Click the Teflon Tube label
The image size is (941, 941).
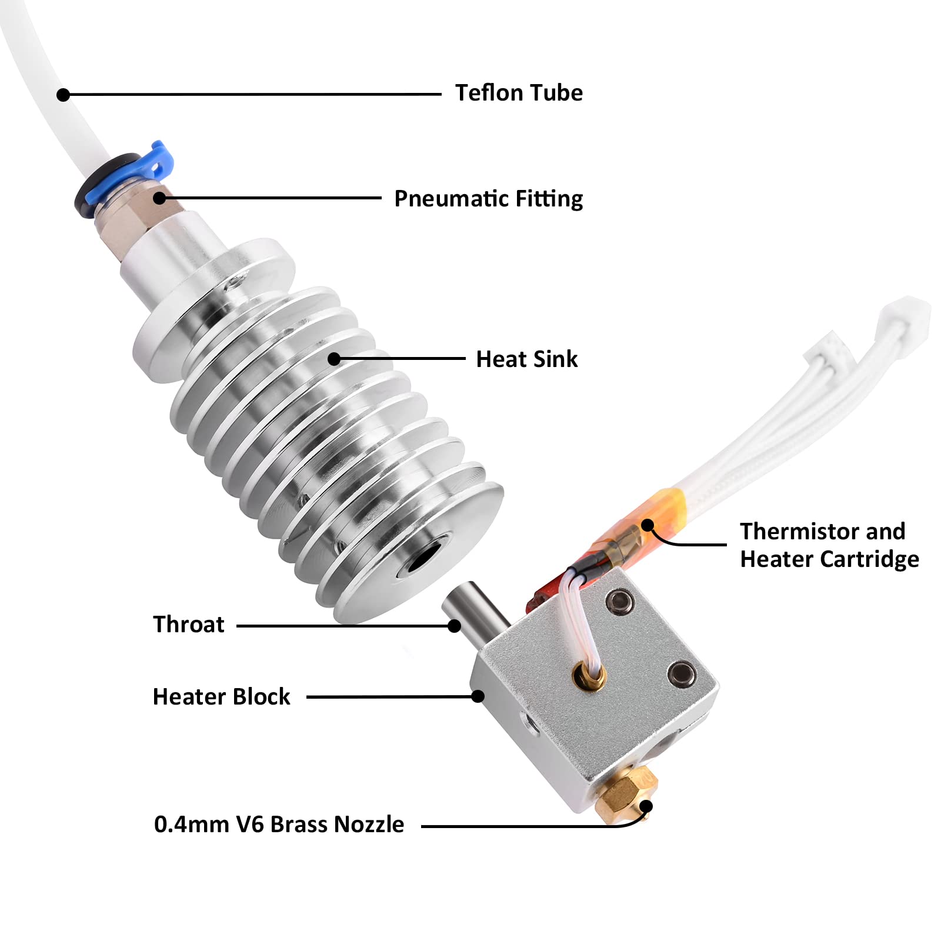click(x=519, y=93)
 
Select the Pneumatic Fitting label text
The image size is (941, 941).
click(x=488, y=199)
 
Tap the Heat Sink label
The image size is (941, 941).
click(x=526, y=359)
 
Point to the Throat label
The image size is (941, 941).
click(x=188, y=624)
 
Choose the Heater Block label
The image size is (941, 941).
click(x=221, y=697)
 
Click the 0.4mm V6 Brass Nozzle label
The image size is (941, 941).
click(x=279, y=825)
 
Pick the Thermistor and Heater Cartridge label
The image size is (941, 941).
click(x=829, y=545)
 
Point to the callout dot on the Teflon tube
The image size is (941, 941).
click(x=64, y=95)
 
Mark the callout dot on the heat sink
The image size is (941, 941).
click(x=334, y=359)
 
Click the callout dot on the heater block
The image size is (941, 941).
click(x=478, y=696)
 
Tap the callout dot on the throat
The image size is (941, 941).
click(x=454, y=626)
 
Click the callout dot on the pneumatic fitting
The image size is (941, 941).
click(x=159, y=198)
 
